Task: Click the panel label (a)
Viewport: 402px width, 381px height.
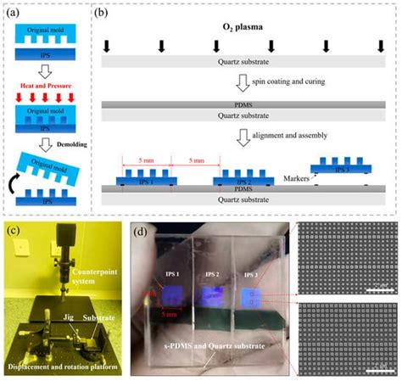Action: tap(12, 12)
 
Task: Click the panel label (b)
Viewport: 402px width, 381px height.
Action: tap(101, 12)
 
